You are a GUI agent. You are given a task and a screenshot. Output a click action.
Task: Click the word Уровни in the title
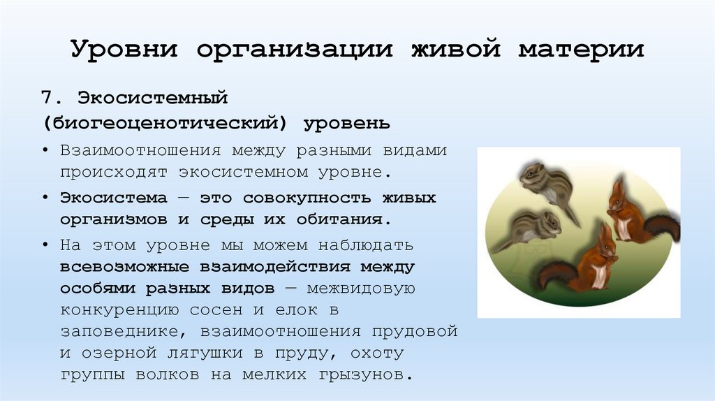(x=125, y=50)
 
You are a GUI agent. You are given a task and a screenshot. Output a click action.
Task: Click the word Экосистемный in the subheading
(x=153, y=96)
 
